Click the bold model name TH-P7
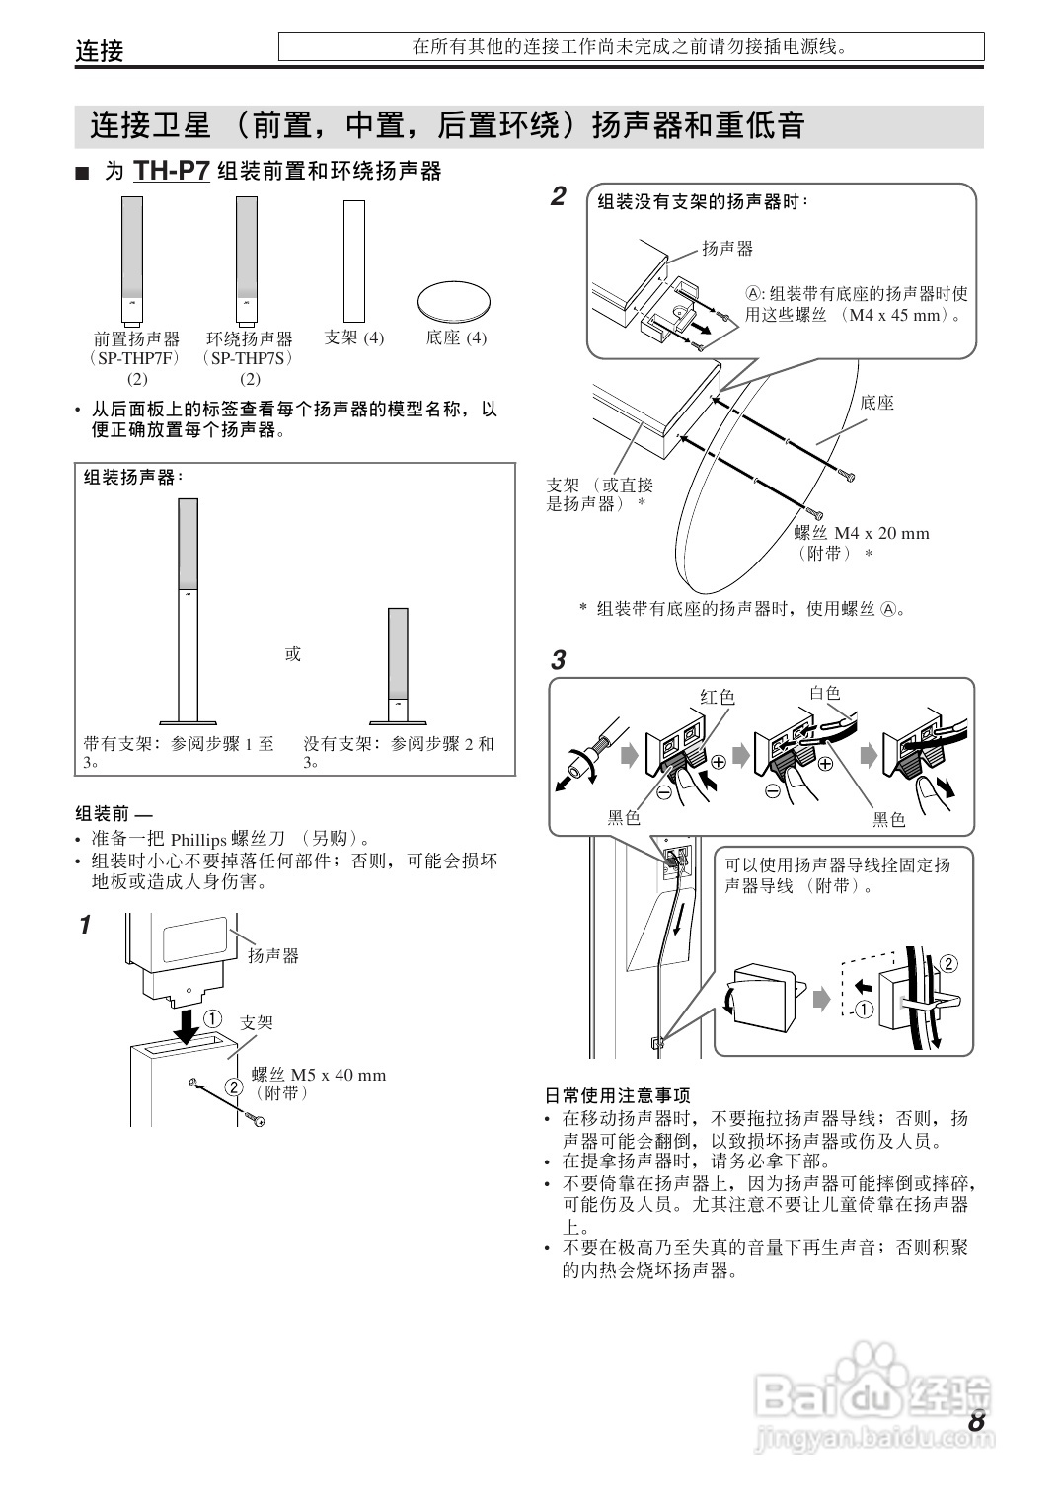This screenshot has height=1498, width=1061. click(x=172, y=171)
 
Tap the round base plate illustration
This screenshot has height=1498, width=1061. click(x=452, y=300)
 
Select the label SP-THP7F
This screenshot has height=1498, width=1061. click(x=136, y=358)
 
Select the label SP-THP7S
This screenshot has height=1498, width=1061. click(x=250, y=358)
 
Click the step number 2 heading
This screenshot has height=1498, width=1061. click(x=559, y=196)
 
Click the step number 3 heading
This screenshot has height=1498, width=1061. click(x=559, y=660)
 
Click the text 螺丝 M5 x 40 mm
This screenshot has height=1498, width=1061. click(x=319, y=1075)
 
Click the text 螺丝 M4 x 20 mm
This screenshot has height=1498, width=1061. click(x=862, y=533)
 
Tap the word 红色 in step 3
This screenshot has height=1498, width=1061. click(x=718, y=697)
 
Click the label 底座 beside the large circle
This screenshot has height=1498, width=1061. click(x=876, y=403)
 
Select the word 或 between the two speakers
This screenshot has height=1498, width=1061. click(x=293, y=653)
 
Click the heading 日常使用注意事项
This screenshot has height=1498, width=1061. click(x=618, y=1095)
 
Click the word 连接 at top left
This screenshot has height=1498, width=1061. click(x=100, y=51)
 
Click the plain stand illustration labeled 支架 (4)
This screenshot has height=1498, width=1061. click(x=354, y=257)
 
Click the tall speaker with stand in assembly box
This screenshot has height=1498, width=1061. click(x=188, y=612)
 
